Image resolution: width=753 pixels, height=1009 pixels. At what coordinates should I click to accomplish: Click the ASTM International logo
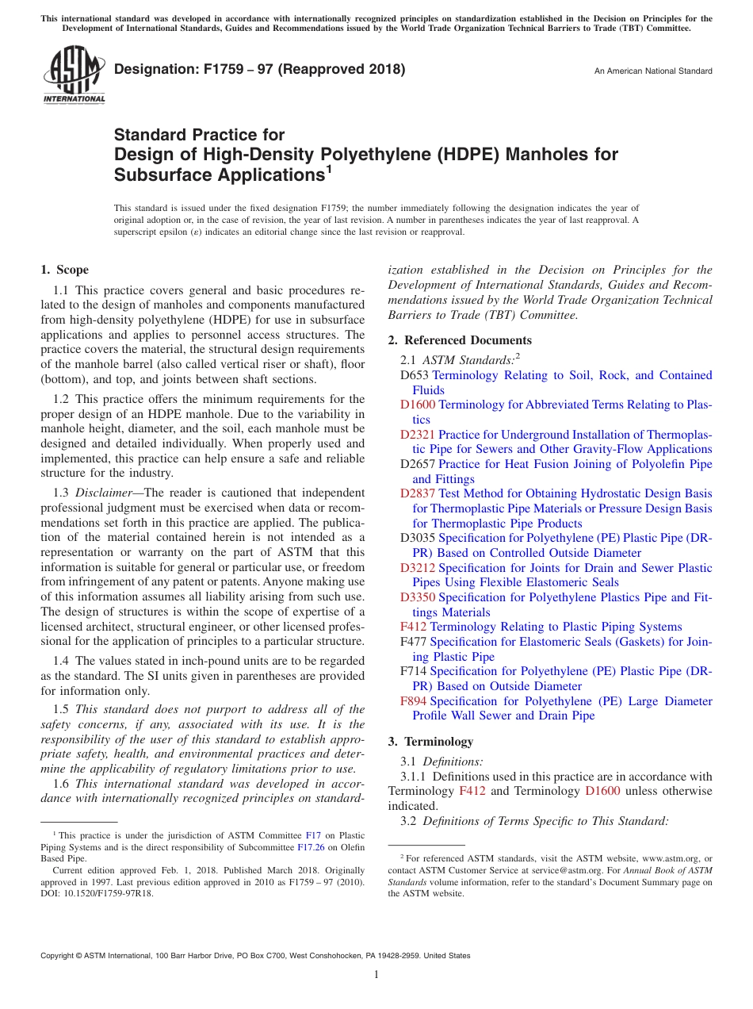click(x=73, y=75)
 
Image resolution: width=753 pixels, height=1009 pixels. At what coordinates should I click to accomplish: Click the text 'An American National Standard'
click(x=652, y=71)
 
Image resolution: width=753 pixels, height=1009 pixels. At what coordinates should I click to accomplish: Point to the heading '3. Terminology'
click(x=430, y=742)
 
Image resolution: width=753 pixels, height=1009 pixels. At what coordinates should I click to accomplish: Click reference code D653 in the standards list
click(x=415, y=375)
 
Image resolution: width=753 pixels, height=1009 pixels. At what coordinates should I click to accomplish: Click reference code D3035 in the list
click(x=418, y=538)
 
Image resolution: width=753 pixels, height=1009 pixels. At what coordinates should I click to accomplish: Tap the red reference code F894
click(x=413, y=701)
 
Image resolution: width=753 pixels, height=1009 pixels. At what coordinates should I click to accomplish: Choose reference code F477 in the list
click(x=413, y=642)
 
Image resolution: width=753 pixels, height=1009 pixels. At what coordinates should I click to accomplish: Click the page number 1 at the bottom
click(x=376, y=975)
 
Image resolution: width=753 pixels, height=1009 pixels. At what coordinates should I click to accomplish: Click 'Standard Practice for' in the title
click(x=199, y=135)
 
